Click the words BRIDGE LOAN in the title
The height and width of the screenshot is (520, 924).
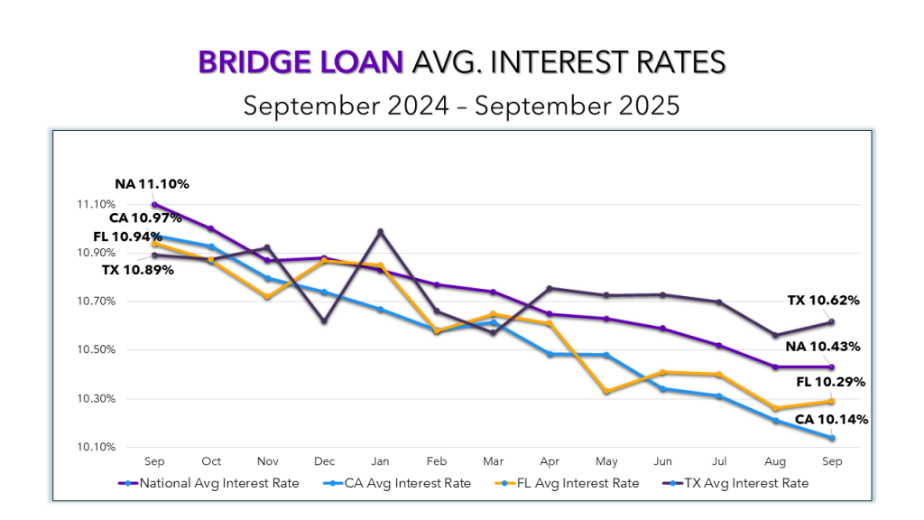[x=300, y=62]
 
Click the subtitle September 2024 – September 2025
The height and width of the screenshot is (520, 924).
[x=461, y=105]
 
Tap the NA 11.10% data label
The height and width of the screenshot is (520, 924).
[x=152, y=184]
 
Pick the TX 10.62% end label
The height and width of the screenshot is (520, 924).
[x=823, y=301]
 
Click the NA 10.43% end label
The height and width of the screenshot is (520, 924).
[x=823, y=347]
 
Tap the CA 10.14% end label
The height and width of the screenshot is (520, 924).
[x=831, y=420]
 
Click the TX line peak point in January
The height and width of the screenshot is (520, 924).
[x=380, y=232]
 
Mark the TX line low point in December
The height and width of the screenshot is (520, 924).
[x=324, y=321]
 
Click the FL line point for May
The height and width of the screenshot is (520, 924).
[x=606, y=392]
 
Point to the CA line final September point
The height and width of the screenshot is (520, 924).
[x=832, y=439]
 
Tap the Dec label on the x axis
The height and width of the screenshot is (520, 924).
[x=324, y=460]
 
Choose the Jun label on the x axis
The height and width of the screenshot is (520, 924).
[x=662, y=460]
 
